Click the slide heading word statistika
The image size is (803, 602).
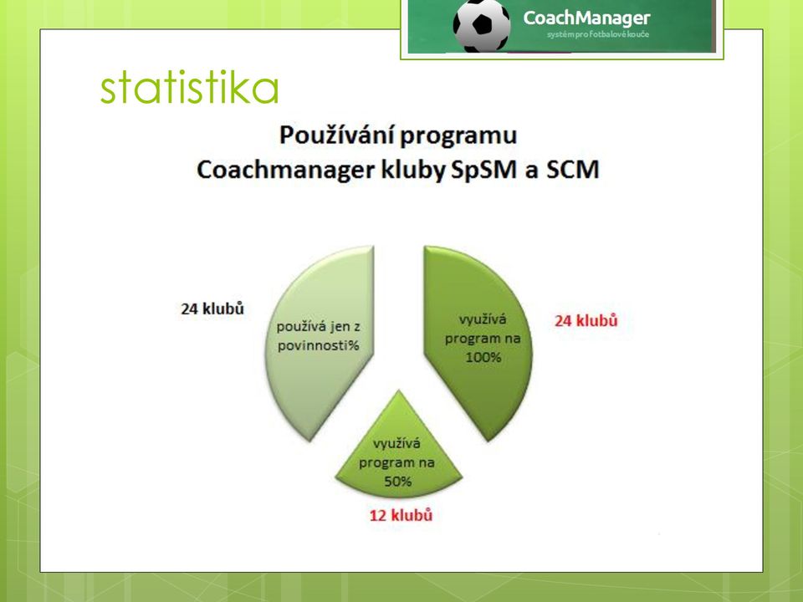pos(190,87)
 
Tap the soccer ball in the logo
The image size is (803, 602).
pos(482,26)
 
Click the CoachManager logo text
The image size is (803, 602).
pos(586,18)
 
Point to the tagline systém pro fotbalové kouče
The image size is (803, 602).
pos(597,34)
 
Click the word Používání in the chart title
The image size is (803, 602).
pos(336,136)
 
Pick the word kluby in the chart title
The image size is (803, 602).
pos(412,171)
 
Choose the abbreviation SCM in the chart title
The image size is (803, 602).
pos(572,170)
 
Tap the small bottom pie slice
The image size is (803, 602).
pos(398,451)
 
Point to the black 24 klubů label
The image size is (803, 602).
pos(212,309)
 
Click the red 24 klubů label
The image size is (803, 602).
pos(586,321)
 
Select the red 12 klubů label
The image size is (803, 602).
pos(401,515)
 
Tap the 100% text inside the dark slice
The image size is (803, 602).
pos(483,357)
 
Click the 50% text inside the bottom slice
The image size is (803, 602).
pos(398,482)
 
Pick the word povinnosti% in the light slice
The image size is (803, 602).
pos(318,346)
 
